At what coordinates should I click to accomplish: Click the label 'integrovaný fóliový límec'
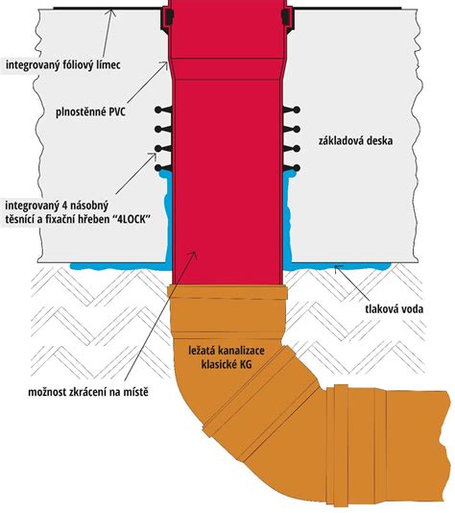(x=63, y=64)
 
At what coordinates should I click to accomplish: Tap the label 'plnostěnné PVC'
(x=90, y=112)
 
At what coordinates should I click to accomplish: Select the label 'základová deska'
(x=355, y=140)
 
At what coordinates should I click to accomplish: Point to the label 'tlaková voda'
(x=394, y=308)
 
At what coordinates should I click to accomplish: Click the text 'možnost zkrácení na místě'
(x=88, y=392)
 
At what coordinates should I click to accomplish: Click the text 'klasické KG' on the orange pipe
(x=227, y=364)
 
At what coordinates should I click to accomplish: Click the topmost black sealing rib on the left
(x=164, y=110)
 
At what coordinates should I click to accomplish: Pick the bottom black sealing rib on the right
(x=292, y=168)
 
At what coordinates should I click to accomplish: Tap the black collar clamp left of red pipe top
(x=167, y=19)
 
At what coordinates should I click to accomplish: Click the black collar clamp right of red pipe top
(x=287, y=19)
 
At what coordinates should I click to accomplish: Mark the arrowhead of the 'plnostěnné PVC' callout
(x=165, y=65)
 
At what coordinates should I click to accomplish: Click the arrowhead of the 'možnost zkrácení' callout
(x=194, y=255)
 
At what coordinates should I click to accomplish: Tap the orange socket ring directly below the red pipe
(x=227, y=291)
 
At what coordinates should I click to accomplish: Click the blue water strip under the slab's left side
(x=119, y=266)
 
